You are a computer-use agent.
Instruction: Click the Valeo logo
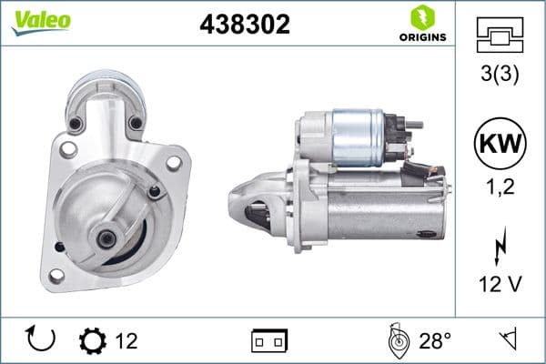coord(42,21)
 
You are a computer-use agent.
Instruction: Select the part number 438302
coord(245,25)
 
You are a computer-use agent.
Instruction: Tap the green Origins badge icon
coord(421,17)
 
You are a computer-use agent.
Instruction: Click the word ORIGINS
coord(421,37)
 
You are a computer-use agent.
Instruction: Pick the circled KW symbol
coord(500,144)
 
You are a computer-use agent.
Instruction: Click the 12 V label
coord(500,285)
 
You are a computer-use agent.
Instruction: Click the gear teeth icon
coord(93,341)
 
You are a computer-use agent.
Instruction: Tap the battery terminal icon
coord(269,341)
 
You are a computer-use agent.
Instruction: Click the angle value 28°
coord(434,341)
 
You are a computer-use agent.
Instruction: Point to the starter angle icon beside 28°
coord(397,340)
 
